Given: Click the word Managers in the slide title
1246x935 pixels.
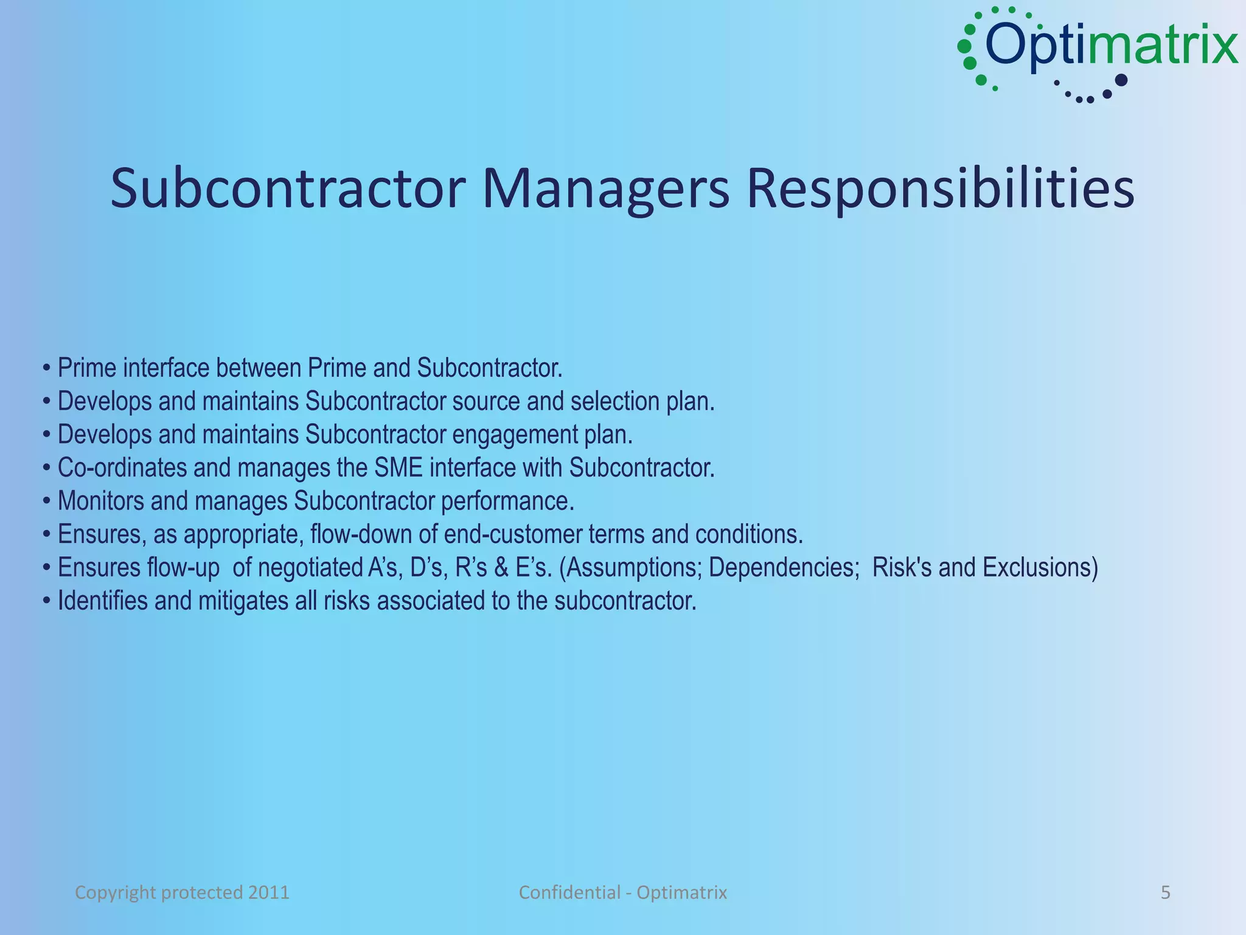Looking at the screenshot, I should [x=605, y=189].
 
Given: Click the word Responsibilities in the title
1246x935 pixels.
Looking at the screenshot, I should [x=940, y=189].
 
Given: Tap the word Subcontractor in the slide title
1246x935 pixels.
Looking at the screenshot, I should [x=288, y=189].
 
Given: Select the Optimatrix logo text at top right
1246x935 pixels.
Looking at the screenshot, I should [x=1111, y=46].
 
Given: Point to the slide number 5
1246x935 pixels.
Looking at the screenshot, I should [x=1165, y=892].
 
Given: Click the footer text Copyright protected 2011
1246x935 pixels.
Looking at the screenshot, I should [x=182, y=892].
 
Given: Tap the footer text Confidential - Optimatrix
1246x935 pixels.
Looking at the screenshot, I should [x=622, y=892].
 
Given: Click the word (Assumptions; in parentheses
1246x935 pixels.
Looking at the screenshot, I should [x=630, y=568].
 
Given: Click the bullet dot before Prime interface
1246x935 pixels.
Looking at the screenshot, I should [x=47, y=369].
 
